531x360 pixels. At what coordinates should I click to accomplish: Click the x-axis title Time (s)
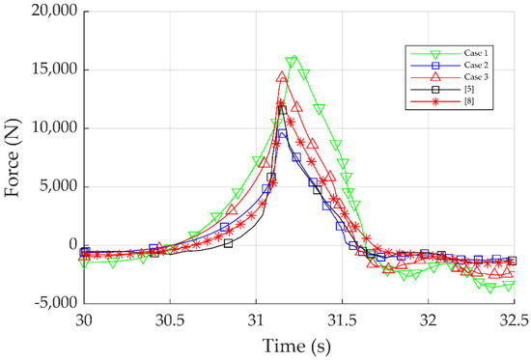click(299, 342)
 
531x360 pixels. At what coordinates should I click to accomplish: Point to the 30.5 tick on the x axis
click(170, 316)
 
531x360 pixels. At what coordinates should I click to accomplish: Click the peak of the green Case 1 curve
click(292, 61)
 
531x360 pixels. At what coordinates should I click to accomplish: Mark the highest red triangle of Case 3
click(282, 77)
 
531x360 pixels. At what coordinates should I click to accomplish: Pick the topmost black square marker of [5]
click(282, 109)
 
